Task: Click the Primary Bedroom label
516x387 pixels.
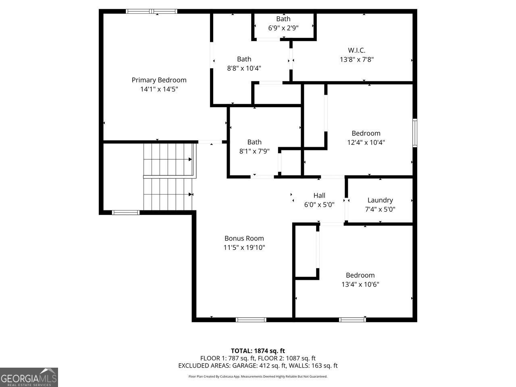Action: click(159, 80)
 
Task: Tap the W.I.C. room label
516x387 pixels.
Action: click(356, 50)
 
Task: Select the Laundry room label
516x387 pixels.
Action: click(380, 200)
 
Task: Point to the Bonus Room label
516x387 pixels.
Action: click(244, 238)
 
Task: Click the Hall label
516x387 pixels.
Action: click(319, 196)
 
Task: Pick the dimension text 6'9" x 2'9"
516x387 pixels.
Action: click(283, 28)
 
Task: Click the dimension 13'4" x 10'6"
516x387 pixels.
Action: click(360, 284)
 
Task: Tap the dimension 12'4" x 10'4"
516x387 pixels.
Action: click(366, 142)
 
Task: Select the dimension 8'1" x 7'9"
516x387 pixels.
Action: click(254, 151)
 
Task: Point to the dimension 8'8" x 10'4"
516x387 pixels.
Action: click(244, 68)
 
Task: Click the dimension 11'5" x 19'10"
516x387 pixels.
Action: click(244, 248)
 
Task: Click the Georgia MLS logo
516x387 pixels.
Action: click(29, 377)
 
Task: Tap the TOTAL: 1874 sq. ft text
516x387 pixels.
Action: click(258, 351)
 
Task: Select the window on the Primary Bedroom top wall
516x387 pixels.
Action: click(152, 11)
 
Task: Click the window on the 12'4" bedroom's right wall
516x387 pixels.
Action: click(415, 133)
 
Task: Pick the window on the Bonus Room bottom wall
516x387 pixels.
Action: click(251, 320)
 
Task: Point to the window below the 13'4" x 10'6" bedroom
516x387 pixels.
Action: click(352, 320)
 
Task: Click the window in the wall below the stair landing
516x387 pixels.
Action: click(125, 213)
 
